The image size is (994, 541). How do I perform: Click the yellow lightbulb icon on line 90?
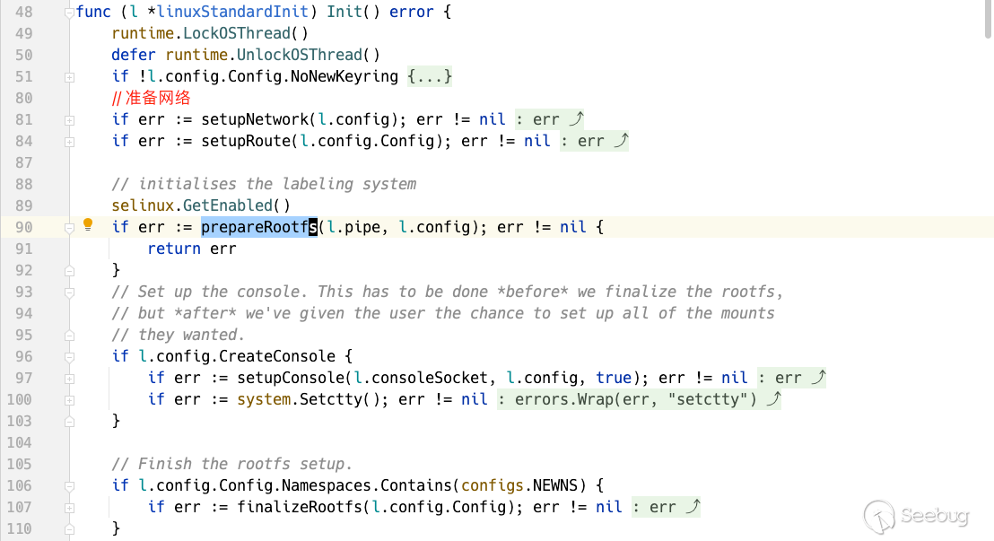[x=88, y=225]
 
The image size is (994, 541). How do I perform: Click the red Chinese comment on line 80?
[x=152, y=98]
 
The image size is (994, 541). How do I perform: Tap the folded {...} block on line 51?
[x=430, y=76]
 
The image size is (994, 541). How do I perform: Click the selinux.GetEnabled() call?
[x=201, y=205]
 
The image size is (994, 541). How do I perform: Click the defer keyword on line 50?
[x=134, y=55]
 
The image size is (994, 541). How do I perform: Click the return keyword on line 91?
[x=174, y=249]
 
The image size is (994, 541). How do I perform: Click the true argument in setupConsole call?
[x=614, y=378]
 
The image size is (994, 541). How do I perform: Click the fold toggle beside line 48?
[x=69, y=13]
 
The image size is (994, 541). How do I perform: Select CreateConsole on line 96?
[x=277, y=356]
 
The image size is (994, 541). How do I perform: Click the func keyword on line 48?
[x=93, y=12]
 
